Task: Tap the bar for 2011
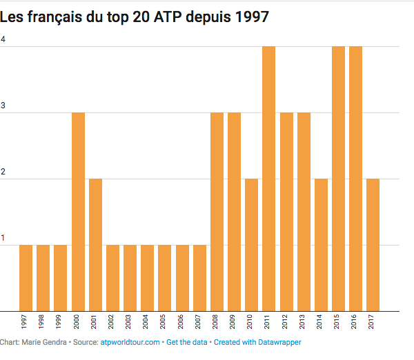point(269,179)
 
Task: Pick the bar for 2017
point(373,245)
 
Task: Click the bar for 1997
point(26,278)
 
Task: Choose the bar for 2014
point(321,245)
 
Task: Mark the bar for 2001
point(95,245)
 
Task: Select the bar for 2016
point(356,179)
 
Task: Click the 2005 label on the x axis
point(165,322)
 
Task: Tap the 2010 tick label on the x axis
point(252,322)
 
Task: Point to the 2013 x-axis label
point(304,322)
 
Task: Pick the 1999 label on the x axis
point(61,322)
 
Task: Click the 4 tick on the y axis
point(3,39)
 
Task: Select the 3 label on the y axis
point(3,106)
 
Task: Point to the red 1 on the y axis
point(3,238)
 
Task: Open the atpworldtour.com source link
point(131,342)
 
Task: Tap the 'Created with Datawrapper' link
point(257,342)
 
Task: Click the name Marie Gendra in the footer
point(44,342)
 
